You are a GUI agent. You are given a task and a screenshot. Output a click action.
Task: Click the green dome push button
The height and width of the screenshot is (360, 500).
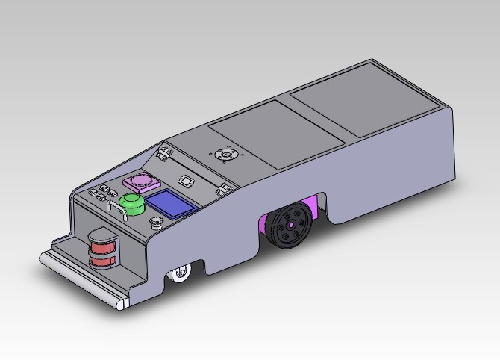pos(134,203)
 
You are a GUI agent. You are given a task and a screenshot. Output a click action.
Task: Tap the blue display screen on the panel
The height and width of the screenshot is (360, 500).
pos(169,203)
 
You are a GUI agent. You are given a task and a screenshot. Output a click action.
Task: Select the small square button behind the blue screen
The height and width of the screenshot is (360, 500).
pos(187,181)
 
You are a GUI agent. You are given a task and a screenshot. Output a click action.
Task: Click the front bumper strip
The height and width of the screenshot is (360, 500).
pos(82,280)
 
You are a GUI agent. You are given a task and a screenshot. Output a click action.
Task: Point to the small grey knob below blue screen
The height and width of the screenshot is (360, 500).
pos(155,222)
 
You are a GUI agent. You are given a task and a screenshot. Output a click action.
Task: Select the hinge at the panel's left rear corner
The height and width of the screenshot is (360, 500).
pos(163,155)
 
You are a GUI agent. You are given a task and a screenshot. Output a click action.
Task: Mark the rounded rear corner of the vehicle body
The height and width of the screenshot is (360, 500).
pos(450,112)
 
